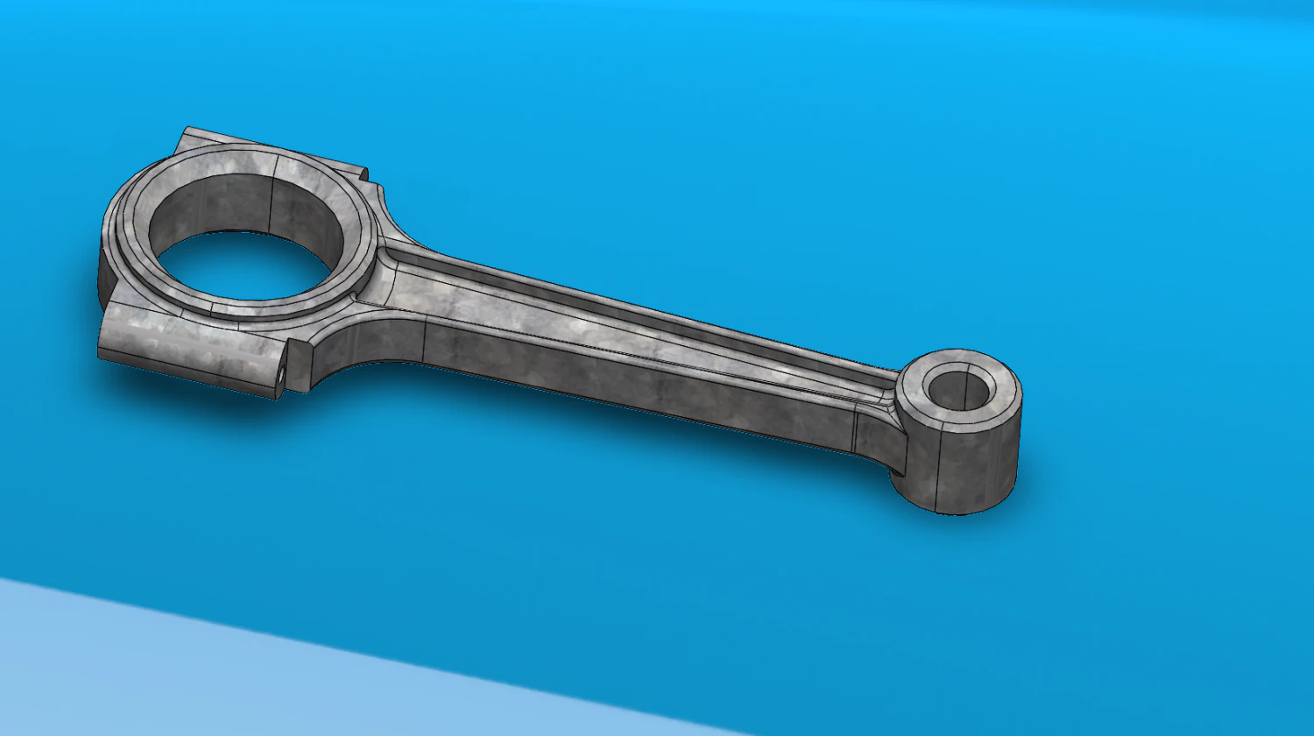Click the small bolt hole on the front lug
coord(281,374)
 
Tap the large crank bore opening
coord(241,263)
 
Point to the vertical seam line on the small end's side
coord(939,473)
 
